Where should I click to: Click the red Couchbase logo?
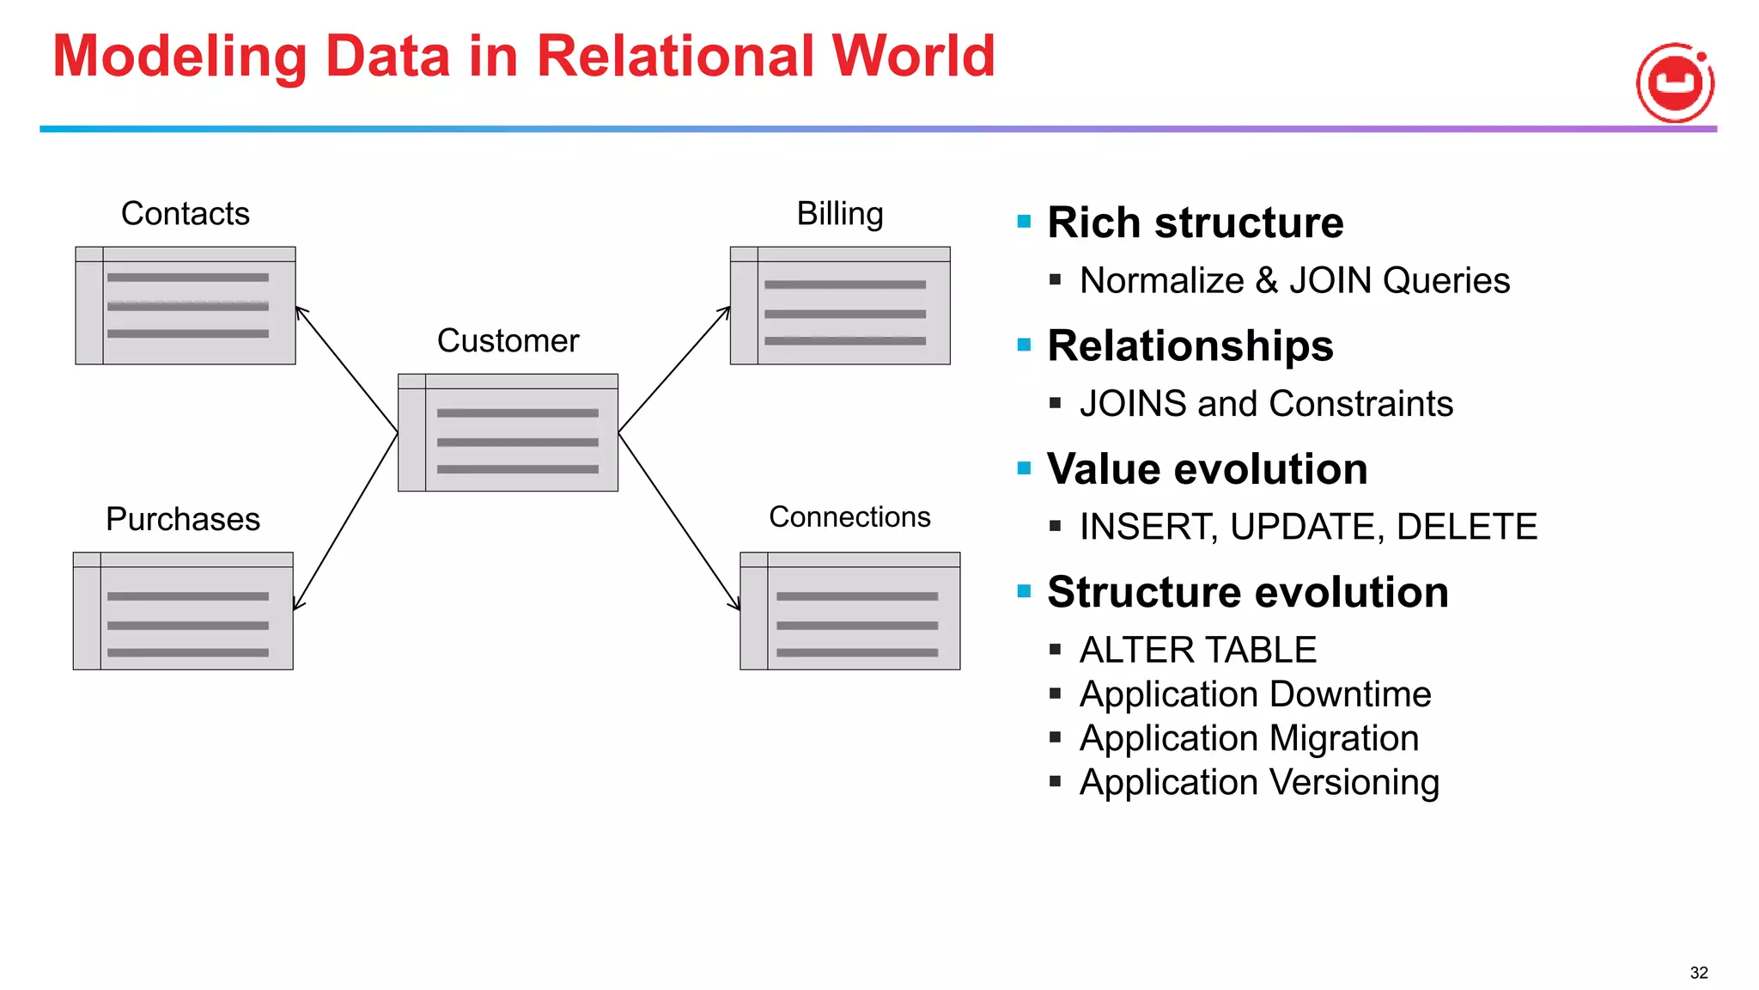coord(1675,82)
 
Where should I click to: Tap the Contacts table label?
coord(185,213)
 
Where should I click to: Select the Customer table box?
coord(508,432)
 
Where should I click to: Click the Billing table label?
coord(839,213)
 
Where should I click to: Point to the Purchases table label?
coord(182,519)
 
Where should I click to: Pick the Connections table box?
coord(849,611)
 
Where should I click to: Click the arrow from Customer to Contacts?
coord(346,369)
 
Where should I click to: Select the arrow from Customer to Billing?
coord(674,369)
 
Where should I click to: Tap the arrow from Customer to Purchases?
coord(345,522)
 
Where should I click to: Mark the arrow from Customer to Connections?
coord(679,522)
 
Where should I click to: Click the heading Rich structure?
coord(1195,223)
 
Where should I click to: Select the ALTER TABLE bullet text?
coord(1197,650)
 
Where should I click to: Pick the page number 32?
coord(1698,973)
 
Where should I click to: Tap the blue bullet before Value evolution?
coord(1024,468)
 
